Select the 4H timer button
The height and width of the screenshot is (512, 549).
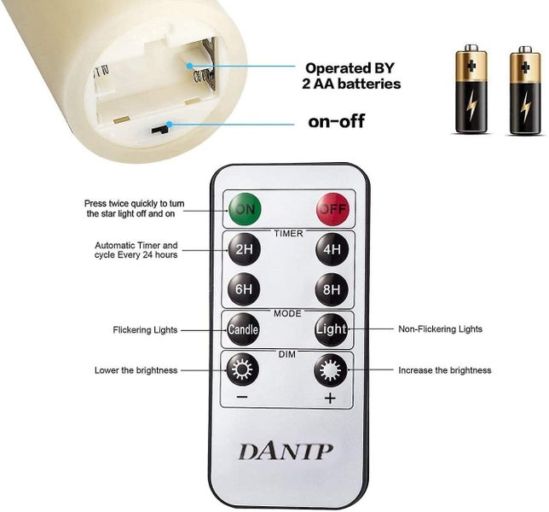(332, 250)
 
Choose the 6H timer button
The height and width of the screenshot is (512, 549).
(245, 290)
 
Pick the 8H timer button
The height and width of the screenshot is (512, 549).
(332, 290)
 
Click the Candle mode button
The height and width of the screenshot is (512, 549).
(243, 329)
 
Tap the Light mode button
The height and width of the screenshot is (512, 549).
(332, 329)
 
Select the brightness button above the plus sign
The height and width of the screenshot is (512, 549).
(331, 370)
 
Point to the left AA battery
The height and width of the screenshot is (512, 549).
(471, 90)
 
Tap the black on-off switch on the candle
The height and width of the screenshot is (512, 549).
(159, 131)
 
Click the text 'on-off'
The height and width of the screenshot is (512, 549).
(336, 121)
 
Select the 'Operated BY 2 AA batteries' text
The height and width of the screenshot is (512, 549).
(352, 75)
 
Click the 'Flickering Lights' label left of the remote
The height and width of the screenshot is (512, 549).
(146, 329)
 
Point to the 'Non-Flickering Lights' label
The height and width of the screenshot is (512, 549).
(440, 329)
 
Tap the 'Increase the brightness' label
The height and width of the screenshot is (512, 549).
(444, 370)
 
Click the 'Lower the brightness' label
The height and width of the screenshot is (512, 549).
(136, 370)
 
